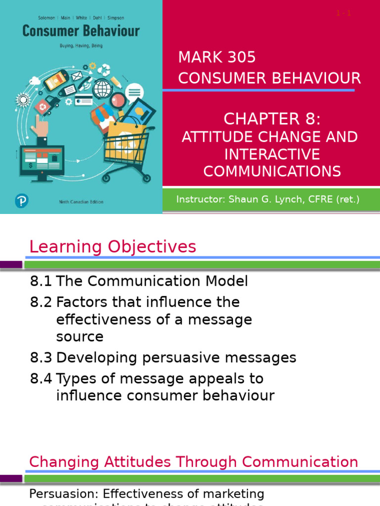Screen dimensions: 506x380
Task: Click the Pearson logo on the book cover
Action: pyautogui.click(x=21, y=201)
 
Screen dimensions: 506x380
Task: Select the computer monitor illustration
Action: pyautogui.click(x=42, y=164)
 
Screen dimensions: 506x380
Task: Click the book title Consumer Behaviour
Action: pyautogui.click(x=81, y=32)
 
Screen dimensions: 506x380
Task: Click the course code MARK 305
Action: pyautogui.click(x=217, y=57)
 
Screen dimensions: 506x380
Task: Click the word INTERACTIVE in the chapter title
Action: pyautogui.click(x=272, y=154)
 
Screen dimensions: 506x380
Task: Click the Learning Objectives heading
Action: pyautogui.click(x=113, y=247)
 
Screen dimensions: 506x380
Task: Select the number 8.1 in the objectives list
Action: pyautogui.click(x=41, y=281)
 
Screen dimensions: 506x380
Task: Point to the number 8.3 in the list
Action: pyautogui.click(x=41, y=357)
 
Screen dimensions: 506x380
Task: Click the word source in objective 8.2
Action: pyautogui.click(x=80, y=337)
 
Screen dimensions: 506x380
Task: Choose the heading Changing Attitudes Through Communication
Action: pyautogui.click(x=193, y=462)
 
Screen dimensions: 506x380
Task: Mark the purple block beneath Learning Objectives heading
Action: pyautogui.click(x=11, y=264)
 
